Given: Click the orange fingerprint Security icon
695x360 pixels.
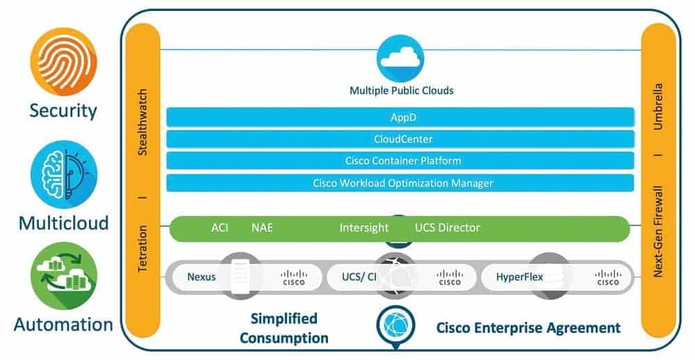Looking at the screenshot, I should pyautogui.click(x=63, y=62).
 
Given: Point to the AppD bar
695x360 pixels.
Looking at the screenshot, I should pyautogui.click(x=400, y=117).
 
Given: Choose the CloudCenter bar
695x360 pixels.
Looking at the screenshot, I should pyautogui.click(x=400, y=139).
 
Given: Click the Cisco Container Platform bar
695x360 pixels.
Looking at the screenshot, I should pyautogui.click(x=400, y=161).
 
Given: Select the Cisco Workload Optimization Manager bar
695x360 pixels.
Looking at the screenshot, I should pyautogui.click(x=400, y=183).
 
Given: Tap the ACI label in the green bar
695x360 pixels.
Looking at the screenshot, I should pyautogui.click(x=220, y=228).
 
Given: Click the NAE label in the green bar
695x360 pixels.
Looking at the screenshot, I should pyautogui.click(x=262, y=228).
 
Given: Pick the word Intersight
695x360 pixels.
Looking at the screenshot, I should pyautogui.click(x=363, y=228).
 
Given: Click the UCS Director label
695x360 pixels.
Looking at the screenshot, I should pyautogui.click(x=447, y=228).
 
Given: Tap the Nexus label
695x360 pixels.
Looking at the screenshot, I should pyautogui.click(x=202, y=277).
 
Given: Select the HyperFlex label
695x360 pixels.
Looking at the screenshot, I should pyautogui.click(x=519, y=277).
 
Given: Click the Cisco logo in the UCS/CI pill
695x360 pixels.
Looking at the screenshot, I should pyautogui.click(x=450, y=277).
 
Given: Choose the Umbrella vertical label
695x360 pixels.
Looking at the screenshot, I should pyautogui.click(x=658, y=107).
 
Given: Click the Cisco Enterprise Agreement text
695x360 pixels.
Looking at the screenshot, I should pyautogui.click(x=528, y=327).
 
